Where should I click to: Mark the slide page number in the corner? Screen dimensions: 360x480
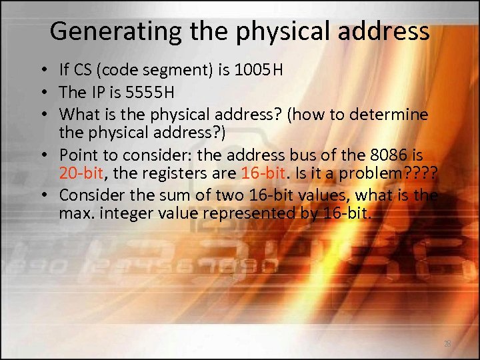click(447, 343)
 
